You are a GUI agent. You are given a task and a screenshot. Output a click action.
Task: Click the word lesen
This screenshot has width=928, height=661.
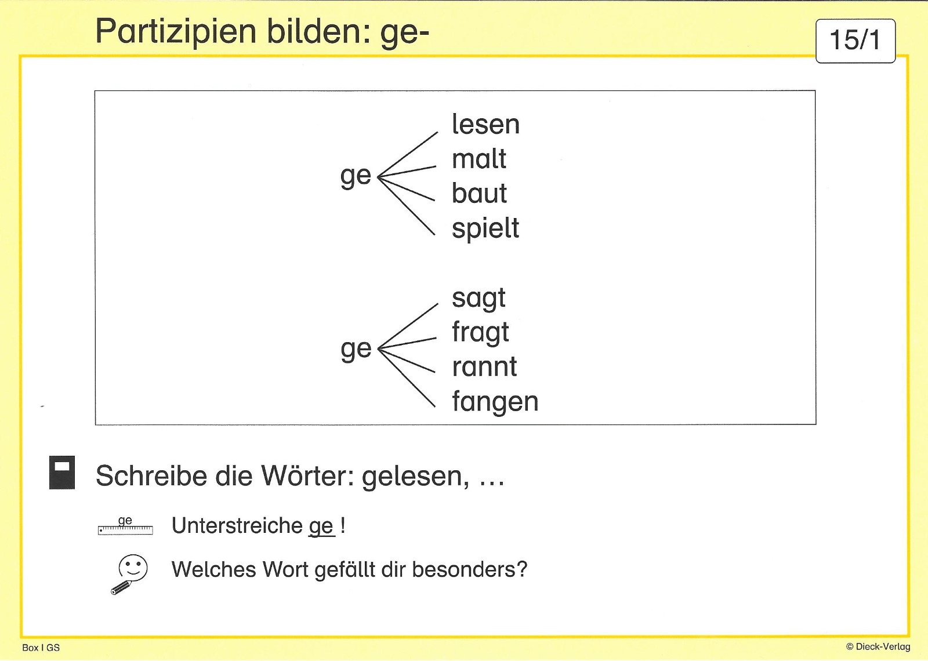pyautogui.click(x=485, y=124)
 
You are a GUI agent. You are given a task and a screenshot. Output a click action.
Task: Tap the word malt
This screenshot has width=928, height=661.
pyautogui.click(x=479, y=159)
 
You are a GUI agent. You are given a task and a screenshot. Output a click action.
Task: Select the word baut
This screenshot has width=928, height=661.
pyautogui.click(x=479, y=193)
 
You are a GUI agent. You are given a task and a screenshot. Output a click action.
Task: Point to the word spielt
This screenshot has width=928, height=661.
pyautogui.click(x=485, y=228)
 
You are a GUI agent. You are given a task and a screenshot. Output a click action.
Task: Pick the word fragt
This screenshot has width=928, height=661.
pyautogui.click(x=480, y=333)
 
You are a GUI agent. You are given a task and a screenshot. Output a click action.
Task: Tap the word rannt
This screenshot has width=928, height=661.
pyautogui.click(x=484, y=368)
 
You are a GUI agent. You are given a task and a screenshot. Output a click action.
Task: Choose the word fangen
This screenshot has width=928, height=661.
pyautogui.click(x=495, y=402)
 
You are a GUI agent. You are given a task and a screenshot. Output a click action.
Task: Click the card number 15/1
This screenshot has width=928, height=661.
pyautogui.click(x=855, y=41)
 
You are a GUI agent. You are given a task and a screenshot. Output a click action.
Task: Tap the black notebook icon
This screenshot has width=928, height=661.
pyautogui.click(x=62, y=473)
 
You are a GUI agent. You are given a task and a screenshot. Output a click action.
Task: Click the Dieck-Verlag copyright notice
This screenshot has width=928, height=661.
pyautogui.click(x=878, y=647)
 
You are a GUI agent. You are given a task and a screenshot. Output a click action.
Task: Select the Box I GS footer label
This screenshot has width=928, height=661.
pyautogui.click(x=41, y=648)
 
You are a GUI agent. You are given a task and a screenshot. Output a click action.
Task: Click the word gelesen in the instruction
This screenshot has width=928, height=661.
pyautogui.click(x=415, y=477)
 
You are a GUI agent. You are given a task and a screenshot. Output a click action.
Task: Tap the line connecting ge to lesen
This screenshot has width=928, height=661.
pyautogui.click(x=408, y=154)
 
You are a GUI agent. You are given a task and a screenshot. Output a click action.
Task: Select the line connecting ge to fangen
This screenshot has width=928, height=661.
pyautogui.click(x=407, y=377)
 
